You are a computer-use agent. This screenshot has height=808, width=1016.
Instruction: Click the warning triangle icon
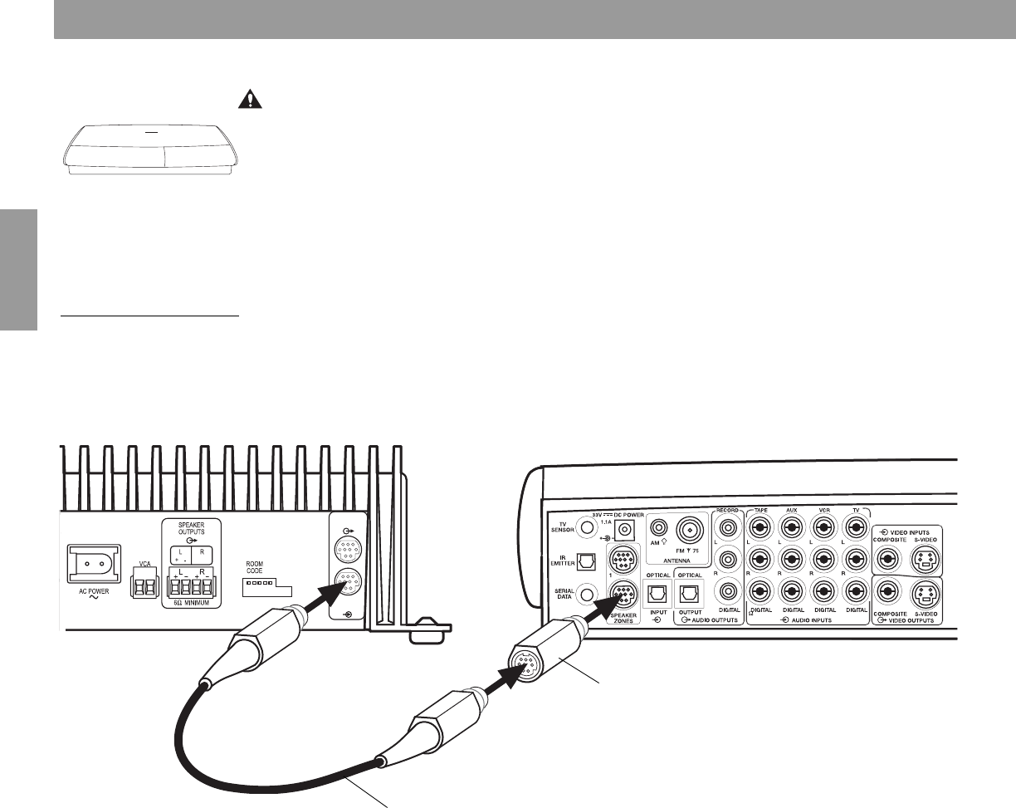[248, 100]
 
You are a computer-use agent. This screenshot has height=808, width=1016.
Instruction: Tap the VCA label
[144, 550]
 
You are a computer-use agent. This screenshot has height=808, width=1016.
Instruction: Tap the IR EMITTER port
[586, 561]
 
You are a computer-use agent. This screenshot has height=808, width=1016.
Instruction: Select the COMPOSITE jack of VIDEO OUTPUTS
[888, 595]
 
